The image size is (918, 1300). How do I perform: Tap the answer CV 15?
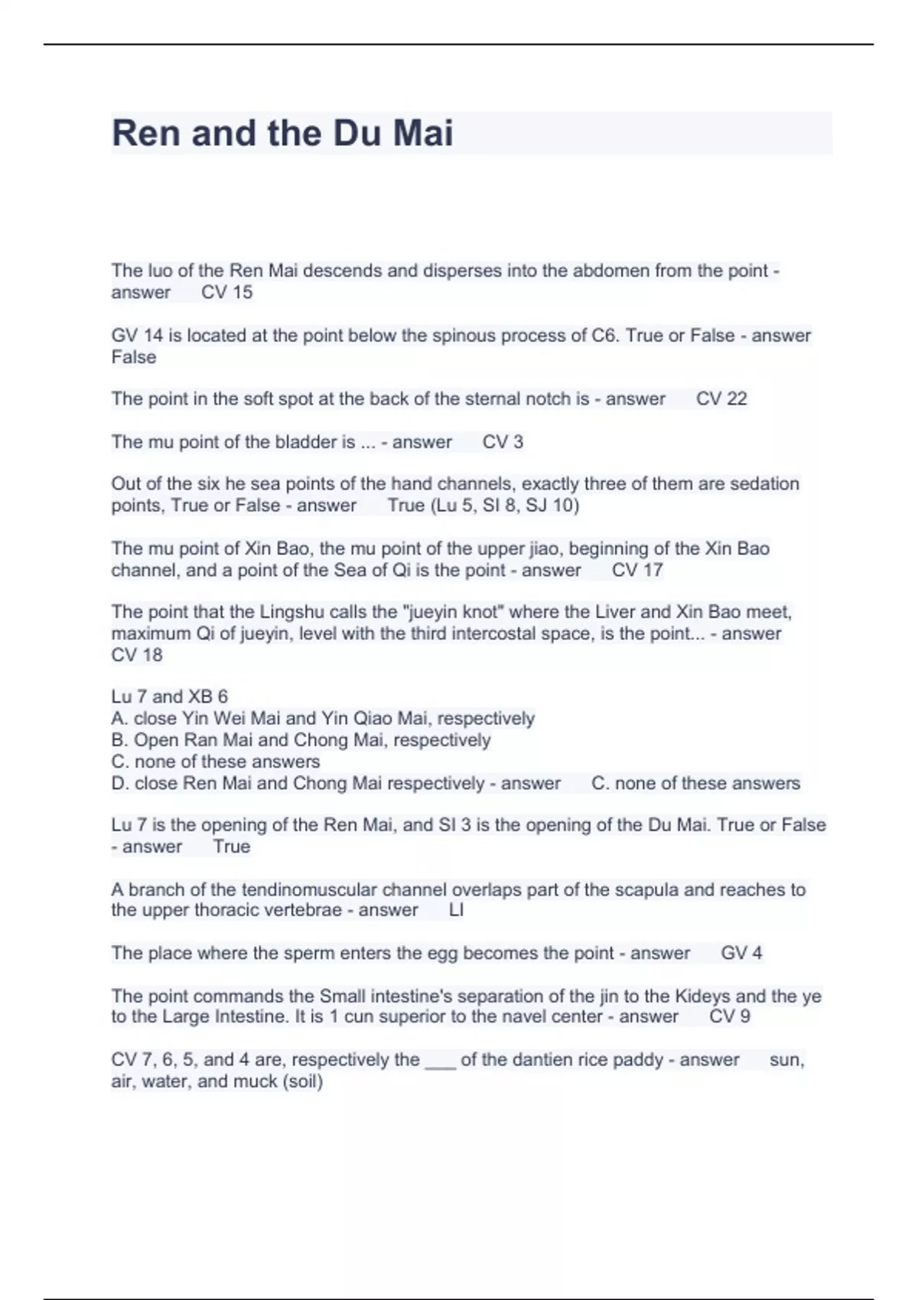tap(226, 292)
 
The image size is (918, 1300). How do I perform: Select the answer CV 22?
tap(721, 398)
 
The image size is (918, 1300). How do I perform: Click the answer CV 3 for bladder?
tap(503, 442)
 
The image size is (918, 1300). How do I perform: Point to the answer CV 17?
tap(636, 570)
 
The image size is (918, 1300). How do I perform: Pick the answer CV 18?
tap(137, 655)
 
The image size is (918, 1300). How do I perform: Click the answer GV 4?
tap(741, 953)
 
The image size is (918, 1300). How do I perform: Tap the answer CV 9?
tap(729, 1016)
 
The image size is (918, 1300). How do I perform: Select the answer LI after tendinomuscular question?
tap(456, 910)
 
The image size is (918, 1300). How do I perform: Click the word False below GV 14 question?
tap(134, 357)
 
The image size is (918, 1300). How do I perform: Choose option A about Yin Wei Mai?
tap(323, 719)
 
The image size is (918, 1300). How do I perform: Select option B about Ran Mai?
tap(301, 740)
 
